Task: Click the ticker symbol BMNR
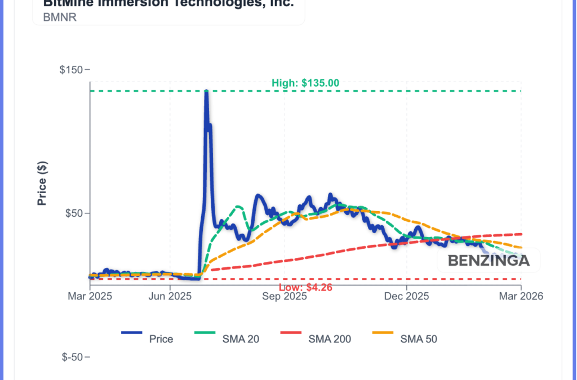[x=60, y=17]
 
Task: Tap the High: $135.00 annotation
[x=305, y=83]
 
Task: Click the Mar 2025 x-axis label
[x=90, y=296]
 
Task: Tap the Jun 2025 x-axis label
[x=169, y=296]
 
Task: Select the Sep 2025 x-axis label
[x=285, y=296]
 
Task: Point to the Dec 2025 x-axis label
[x=406, y=296]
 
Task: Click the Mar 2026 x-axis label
[x=521, y=296]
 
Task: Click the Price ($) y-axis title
[x=42, y=183]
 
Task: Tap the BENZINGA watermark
[x=489, y=261]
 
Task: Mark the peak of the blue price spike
[x=206, y=91]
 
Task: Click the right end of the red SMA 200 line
[x=521, y=234]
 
